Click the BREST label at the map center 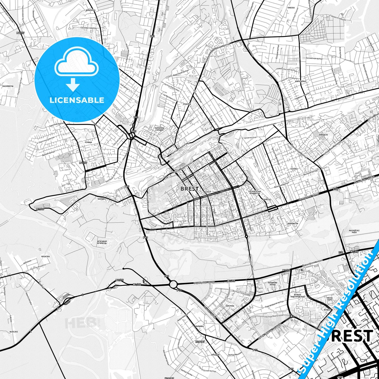click(189, 189)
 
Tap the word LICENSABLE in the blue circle click(77, 100)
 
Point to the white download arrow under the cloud click(73, 84)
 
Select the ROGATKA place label click(45, 257)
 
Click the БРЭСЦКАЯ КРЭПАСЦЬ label click(102, 242)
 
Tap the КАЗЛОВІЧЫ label click(8, 86)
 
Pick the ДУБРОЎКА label click(90, 10)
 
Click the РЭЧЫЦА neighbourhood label click(88, 142)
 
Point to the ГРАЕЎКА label click(187, 104)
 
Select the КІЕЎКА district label click(294, 169)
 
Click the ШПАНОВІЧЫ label click(293, 223)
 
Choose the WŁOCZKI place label click(14, 332)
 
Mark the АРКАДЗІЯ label click(215, 355)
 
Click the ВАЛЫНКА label click(199, 326)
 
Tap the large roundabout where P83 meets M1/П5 click(173, 284)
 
